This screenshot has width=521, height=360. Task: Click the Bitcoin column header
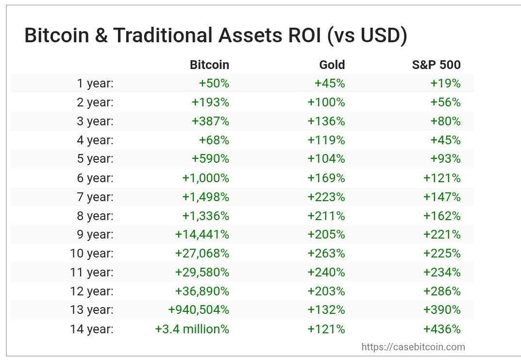(x=209, y=65)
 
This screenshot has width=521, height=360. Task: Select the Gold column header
(x=332, y=65)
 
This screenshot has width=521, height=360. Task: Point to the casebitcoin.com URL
(x=413, y=347)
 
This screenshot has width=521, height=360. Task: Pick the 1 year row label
(x=95, y=84)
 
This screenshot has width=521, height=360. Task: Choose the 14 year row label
(x=92, y=329)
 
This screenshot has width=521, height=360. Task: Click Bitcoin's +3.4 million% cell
(x=192, y=329)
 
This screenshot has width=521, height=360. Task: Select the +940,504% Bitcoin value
(x=199, y=310)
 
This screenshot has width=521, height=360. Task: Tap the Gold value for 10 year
(x=326, y=254)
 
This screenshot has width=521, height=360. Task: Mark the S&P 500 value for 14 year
(x=442, y=329)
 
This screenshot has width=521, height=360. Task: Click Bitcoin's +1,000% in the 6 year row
(x=205, y=178)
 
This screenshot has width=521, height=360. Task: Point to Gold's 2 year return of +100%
(x=326, y=103)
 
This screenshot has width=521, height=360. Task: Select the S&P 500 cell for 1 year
(x=445, y=84)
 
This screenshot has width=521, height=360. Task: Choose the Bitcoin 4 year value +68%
(x=214, y=140)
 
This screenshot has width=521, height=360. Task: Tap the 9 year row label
(x=95, y=235)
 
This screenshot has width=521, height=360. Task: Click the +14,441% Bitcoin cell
(x=202, y=235)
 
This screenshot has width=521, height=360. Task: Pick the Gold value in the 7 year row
(x=326, y=197)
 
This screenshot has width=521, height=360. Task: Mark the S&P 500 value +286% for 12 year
(x=442, y=291)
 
